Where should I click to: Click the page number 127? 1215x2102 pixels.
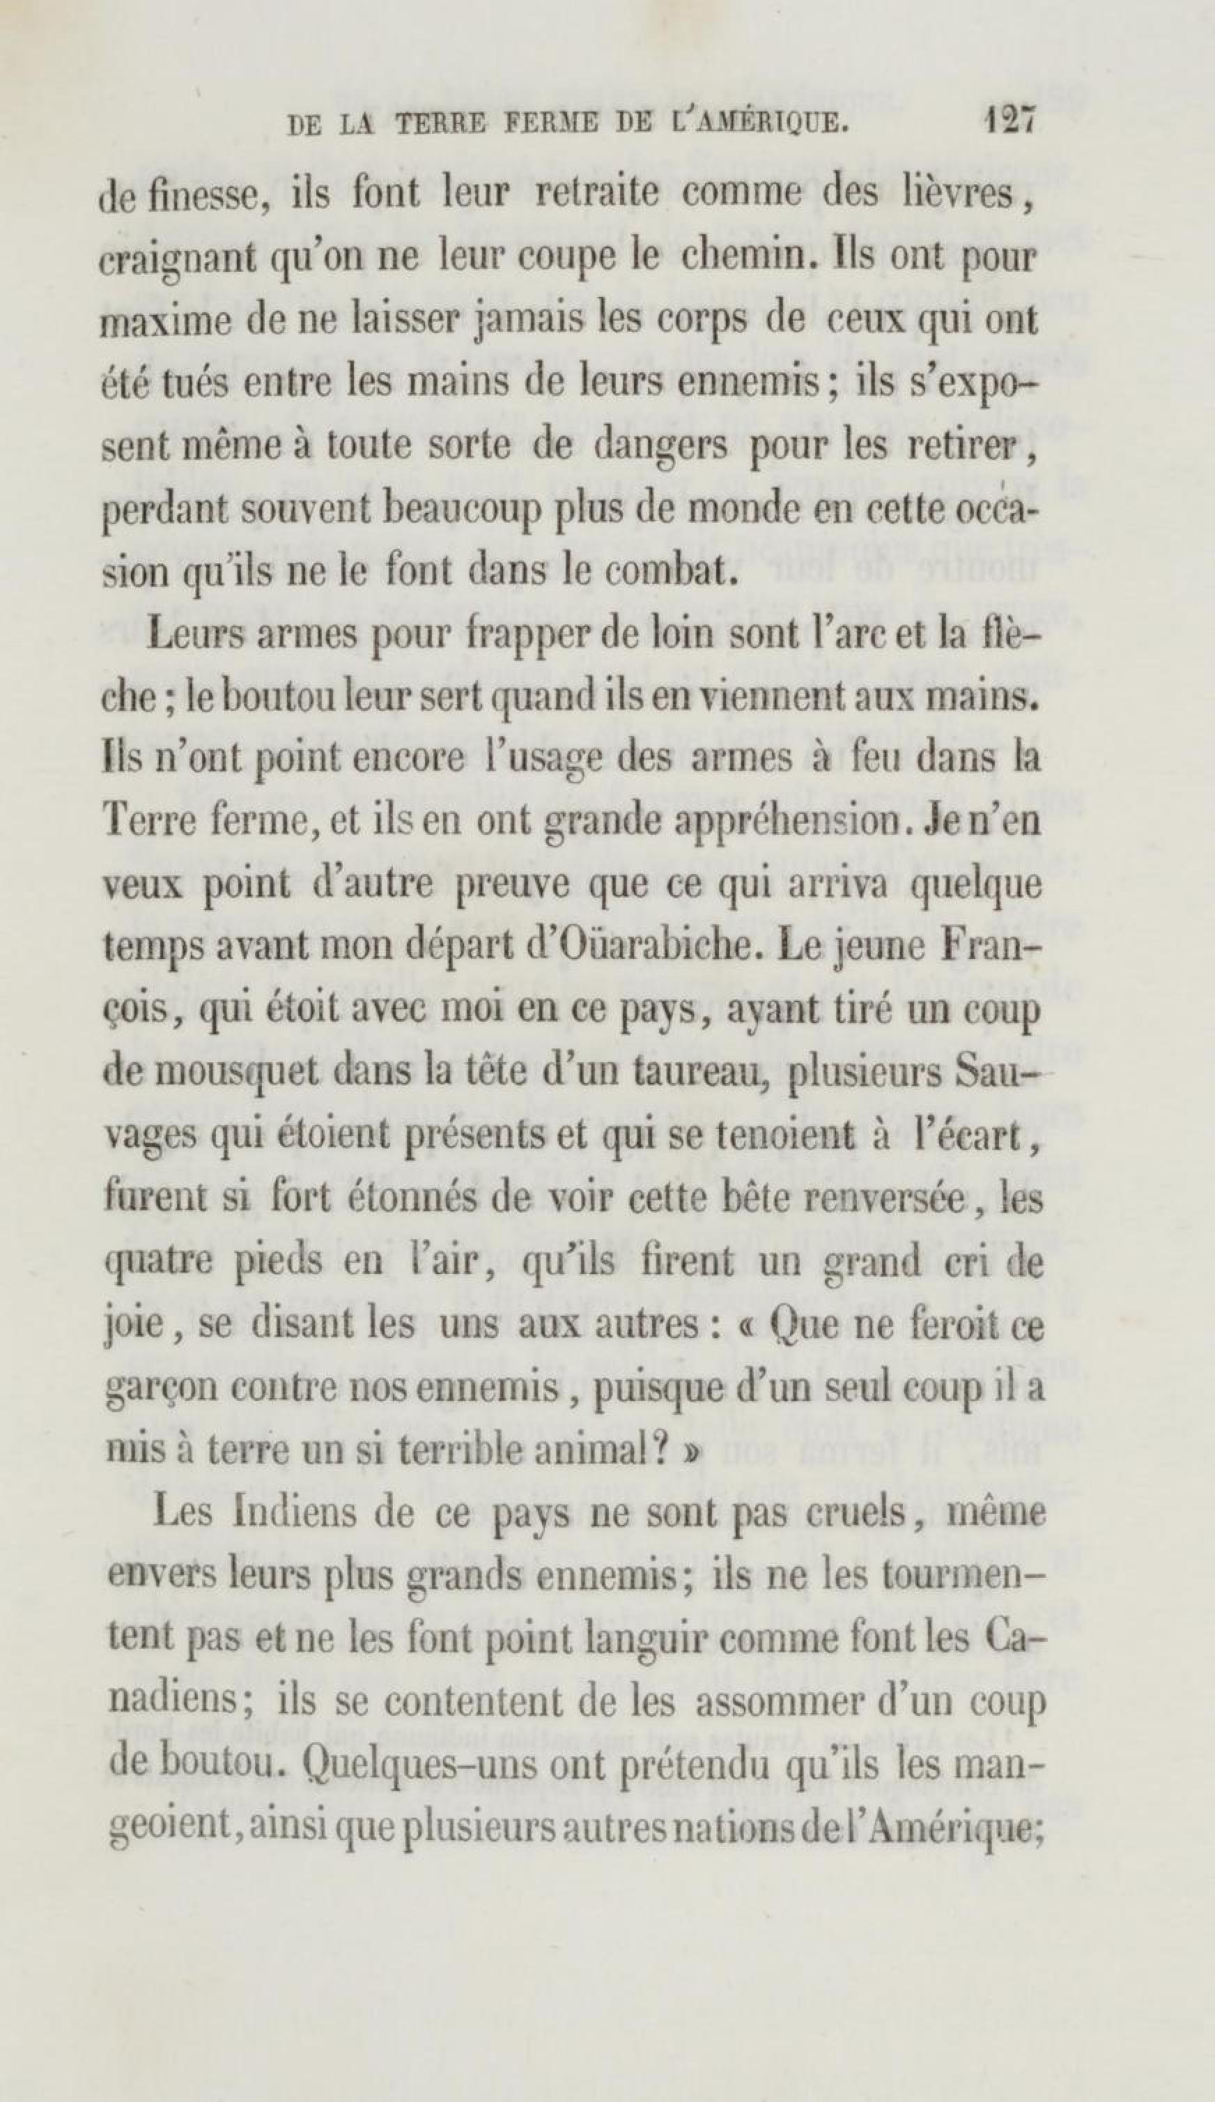[1008, 122]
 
